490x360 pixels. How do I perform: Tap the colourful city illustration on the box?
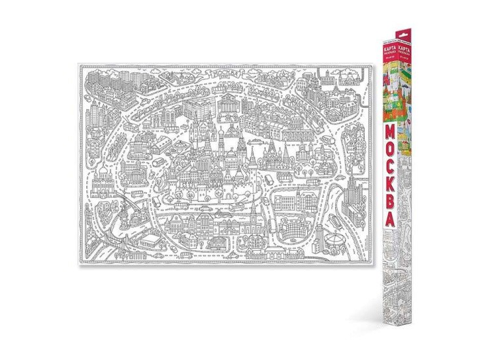(390, 91)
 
